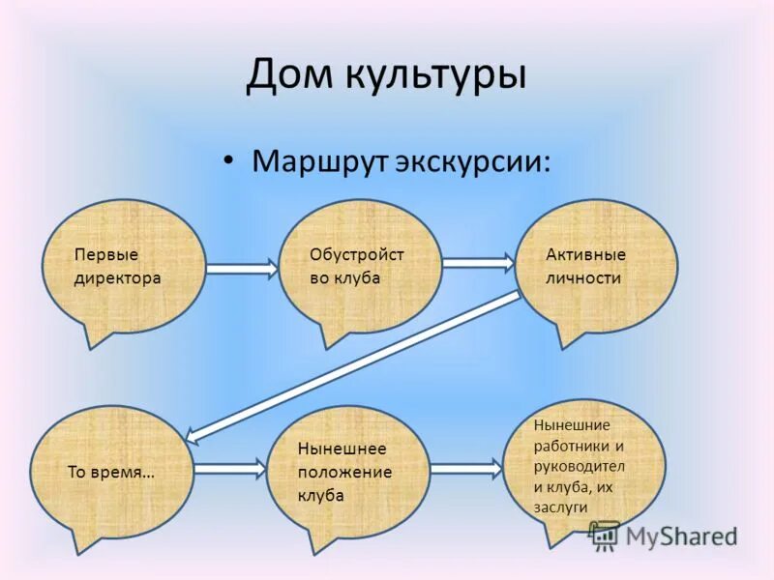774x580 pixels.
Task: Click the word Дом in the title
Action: coord(286,74)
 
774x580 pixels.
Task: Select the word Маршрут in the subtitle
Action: coord(319,159)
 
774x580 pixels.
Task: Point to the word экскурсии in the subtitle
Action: coord(472,160)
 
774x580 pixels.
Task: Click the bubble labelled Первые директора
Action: coord(125,266)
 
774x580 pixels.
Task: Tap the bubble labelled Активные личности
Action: coord(596,266)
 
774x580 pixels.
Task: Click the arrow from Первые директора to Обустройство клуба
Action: coord(242,268)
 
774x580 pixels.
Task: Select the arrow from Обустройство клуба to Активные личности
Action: coord(478,261)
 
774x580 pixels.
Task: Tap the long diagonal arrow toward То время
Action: coord(353,364)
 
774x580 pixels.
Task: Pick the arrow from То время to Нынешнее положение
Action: coord(228,469)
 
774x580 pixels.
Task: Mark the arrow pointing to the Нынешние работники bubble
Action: coord(466,469)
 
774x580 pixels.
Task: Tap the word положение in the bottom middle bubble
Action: coord(344,472)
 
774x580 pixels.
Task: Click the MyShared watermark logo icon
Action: coord(605,535)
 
